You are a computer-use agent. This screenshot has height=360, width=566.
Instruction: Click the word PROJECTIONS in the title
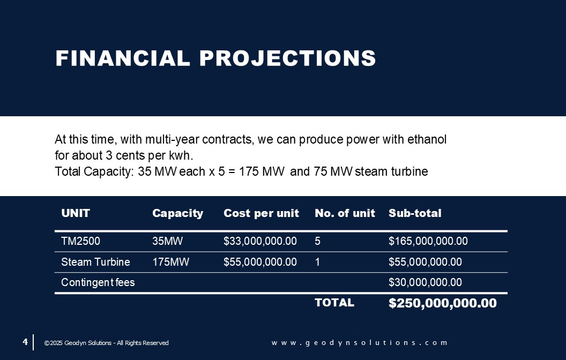point(288,58)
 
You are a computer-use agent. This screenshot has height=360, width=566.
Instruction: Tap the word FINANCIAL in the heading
point(123,58)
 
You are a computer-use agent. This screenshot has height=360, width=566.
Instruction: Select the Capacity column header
point(177,213)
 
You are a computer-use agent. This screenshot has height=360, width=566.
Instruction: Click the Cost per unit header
point(262,213)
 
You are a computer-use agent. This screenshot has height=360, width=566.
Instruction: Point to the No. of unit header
point(345,213)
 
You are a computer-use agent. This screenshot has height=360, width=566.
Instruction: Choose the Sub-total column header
point(415,213)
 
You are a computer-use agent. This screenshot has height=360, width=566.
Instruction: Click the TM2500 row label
point(80,241)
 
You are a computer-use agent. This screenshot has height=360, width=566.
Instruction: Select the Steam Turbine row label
point(95,262)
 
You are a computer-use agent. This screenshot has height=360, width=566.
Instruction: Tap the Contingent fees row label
point(98,282)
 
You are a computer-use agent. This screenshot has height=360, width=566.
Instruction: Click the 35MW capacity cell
point(167,241)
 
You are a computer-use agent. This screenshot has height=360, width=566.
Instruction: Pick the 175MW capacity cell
point(171,262)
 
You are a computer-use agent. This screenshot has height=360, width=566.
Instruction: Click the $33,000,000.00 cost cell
point(260,241)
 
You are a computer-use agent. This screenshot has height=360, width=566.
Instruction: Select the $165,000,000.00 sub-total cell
point(428,241)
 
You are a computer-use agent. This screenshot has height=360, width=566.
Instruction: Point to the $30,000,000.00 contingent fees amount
point(425,282)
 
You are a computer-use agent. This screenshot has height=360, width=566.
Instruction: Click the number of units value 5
point(318,241)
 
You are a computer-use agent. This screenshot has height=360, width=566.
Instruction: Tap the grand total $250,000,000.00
point(443,303)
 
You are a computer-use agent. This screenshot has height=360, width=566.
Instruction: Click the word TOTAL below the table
point(334,303)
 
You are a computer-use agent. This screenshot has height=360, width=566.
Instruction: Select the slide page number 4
point(25,342)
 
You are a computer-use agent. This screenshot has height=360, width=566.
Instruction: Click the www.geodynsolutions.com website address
point(360,343)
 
